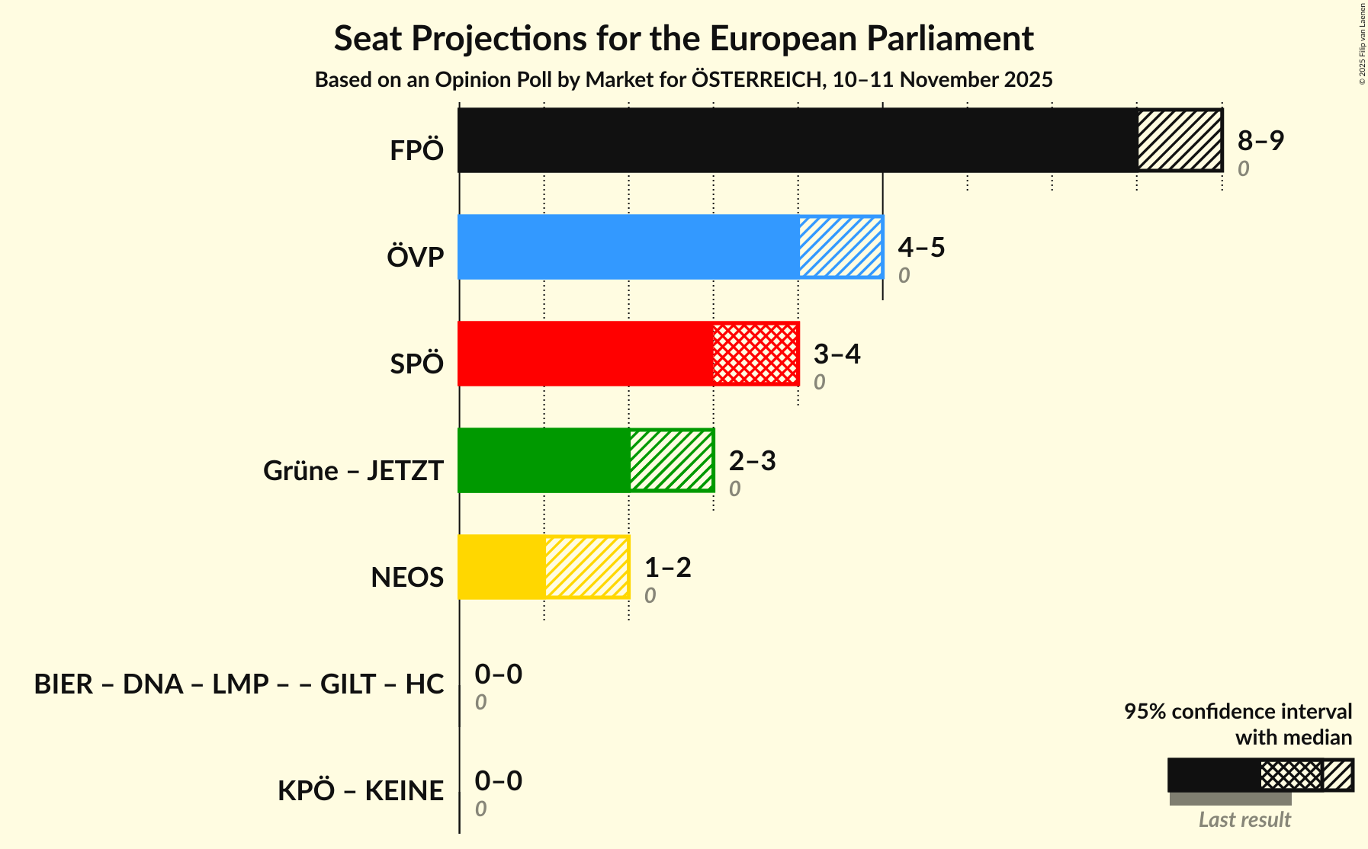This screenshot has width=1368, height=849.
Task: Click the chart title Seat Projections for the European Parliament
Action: [x=683, y=38]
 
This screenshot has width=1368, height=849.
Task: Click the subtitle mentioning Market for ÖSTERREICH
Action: [x=683, y=79]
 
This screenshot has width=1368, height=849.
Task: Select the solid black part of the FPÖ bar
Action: [x=797, y=140]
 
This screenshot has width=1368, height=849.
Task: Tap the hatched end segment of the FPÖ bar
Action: [x=1179, y=140]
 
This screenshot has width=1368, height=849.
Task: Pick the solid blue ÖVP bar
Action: [x=628, y=247]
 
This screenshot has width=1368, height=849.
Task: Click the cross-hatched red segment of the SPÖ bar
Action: [x=756, y=354]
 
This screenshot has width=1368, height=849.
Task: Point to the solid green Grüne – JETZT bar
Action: [x=544, y=460]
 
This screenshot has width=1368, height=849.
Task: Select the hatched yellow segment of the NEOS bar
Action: [x=586, y=567]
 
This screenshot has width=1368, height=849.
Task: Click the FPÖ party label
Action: [x=416, y=151]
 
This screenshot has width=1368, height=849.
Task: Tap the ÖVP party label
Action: [x=415, y=258]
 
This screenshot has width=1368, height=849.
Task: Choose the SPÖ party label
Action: [x=416, y=364]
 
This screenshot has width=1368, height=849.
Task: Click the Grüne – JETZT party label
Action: [x=353, y=471]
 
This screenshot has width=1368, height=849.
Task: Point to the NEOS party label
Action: [x=407, y=578]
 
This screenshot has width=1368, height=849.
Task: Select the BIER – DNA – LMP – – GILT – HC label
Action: [x=239, y=684]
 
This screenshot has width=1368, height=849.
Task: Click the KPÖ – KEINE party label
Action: [x=360, y=791]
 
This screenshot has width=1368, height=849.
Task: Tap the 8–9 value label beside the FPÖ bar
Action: [x=1260, y=140]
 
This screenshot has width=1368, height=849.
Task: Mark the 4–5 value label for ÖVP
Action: [x=921, y=247]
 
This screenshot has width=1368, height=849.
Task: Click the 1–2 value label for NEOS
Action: [x=667, y=567]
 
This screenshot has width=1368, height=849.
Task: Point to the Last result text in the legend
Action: [x=1244, y=819]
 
